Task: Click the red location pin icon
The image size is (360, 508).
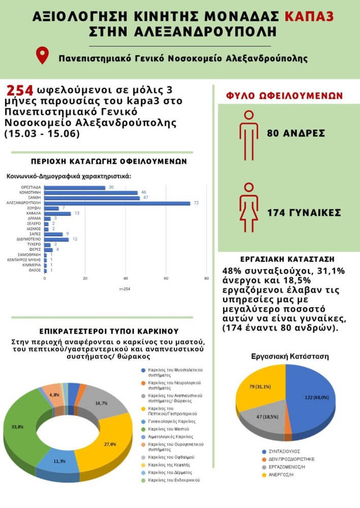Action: coord(43,55)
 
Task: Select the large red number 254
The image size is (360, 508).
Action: coord(20,90)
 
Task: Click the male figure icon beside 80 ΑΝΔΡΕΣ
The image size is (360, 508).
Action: coord(249,134)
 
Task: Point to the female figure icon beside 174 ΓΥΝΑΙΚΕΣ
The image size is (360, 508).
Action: coord(249,212)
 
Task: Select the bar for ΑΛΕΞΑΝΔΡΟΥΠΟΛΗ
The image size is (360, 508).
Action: coord(117,203)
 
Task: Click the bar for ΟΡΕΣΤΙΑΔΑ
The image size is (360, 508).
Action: coord(75,187)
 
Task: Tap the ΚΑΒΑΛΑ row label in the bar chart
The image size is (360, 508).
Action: coord(34,213)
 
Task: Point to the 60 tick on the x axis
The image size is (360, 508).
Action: coord(166,278)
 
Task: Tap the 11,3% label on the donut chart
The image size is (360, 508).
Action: coord(59,462)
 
